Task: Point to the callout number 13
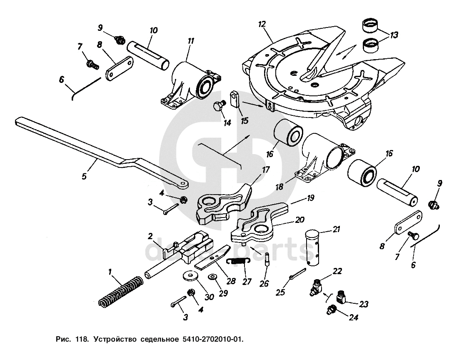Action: (394, 35)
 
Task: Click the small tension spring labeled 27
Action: (239, 260)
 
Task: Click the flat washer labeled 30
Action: (190, 276)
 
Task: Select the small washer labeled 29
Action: (211, 277)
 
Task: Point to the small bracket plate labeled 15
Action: (235, 99)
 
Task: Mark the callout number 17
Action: (265, 170)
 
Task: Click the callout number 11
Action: (191, 41)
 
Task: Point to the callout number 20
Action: (299, 220)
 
